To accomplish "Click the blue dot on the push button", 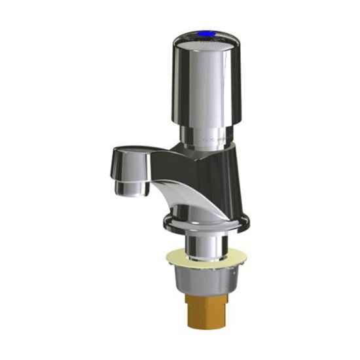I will coord(209,31).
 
